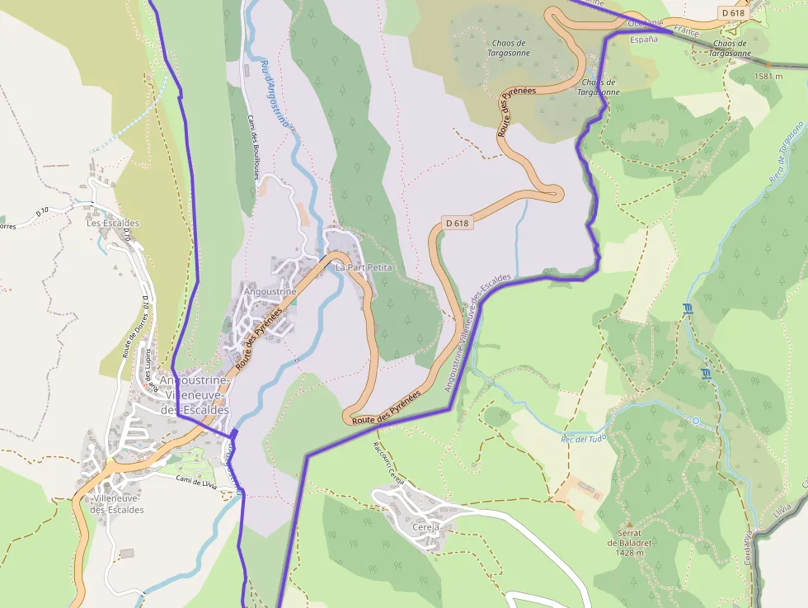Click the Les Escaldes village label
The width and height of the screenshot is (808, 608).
114,223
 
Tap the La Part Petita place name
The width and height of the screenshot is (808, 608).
363,268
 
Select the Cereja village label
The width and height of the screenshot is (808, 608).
425,526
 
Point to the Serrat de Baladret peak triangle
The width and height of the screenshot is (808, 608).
629,523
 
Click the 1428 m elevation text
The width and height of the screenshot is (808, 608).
628,553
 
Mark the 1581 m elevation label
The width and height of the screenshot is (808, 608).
768,77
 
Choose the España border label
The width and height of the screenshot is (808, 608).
644,39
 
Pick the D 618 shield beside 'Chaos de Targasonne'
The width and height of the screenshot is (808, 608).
733,12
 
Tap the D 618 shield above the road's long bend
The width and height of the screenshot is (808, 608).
457,223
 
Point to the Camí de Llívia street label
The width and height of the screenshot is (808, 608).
196,482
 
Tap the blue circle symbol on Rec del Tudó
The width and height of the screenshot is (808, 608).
695,421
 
